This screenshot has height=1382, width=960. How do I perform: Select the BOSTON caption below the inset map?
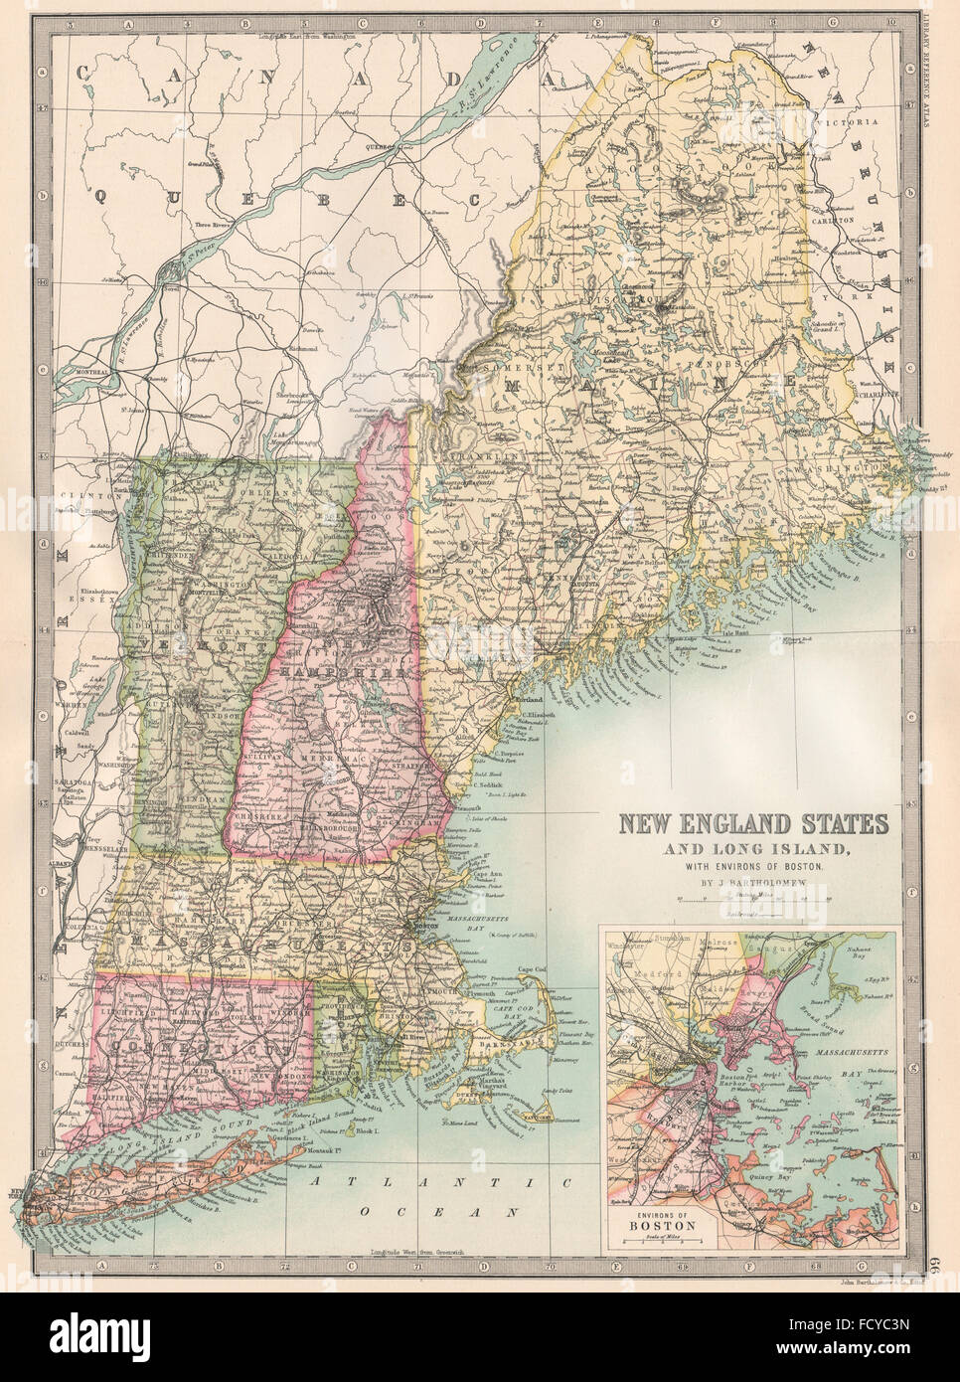(665, 1225)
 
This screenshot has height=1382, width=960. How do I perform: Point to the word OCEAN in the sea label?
(470, 1213)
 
